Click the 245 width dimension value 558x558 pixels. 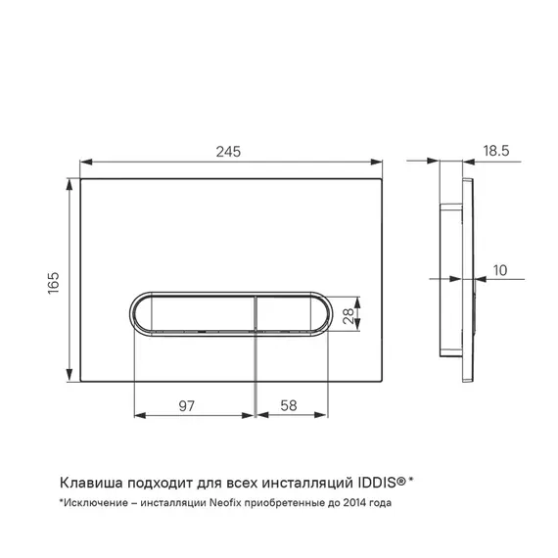pyautogui.click(x=228, y=152)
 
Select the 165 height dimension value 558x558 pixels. pyautogui.click(x=54, y=283)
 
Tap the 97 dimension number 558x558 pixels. pyautogui.click(x=187, y=406)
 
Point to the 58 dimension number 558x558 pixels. pyautogui.click(x=289, y=405)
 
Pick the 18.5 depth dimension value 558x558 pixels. pyautogui.click(x=496, y=151)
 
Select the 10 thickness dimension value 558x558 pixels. pyautogui.click(x=500, y=270)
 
